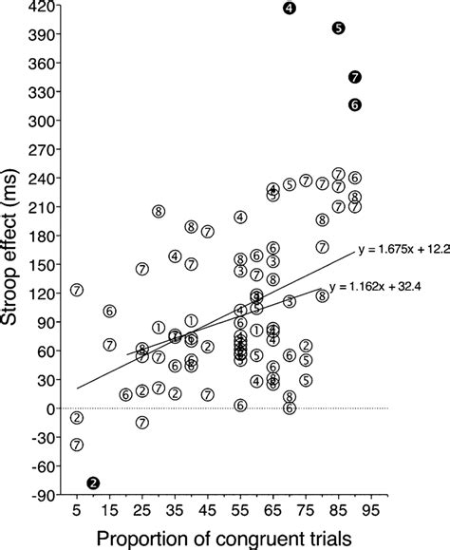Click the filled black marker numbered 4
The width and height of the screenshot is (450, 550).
point(290,9)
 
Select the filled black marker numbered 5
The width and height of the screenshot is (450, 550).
point(339,28)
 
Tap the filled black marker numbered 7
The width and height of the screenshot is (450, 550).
point(355,76)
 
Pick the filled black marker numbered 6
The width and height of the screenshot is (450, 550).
point(355,105)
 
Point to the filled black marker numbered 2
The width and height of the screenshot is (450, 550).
point(93,483)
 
